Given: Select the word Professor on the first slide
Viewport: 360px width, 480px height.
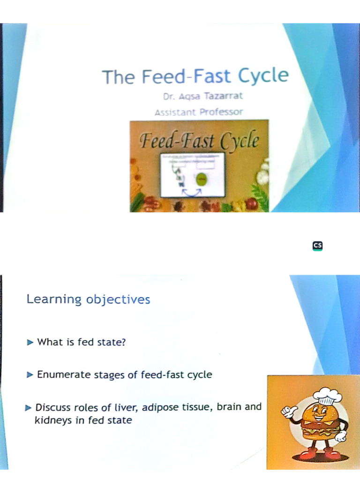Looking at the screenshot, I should (x=221, y=112).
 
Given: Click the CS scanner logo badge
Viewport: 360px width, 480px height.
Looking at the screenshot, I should (x=318, y=246).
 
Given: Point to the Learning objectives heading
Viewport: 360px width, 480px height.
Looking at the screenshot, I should (x=88, y=299).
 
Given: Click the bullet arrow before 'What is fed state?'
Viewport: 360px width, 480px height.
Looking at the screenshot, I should (x=30, y=342).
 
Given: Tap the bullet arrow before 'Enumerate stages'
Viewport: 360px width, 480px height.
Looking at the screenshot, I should (x=30, y=375).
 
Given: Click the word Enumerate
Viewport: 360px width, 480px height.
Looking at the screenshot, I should (x=60, y=375).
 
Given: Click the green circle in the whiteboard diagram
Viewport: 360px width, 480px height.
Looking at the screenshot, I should (x=202, y=179).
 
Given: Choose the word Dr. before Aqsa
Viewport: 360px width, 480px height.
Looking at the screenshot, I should (x=169, y=98).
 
